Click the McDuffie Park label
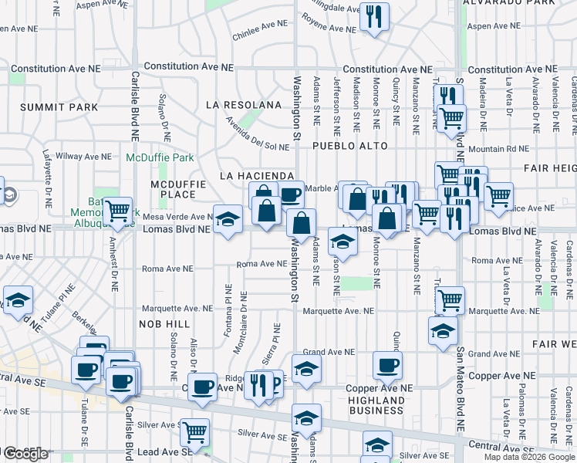tap(160, 157)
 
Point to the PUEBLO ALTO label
tap(349, 145)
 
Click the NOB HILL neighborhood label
tap(164, 324)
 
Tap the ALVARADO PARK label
tap(509, 3)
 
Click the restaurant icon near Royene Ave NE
tap(374, 17)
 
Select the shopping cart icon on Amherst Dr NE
tap(118, 211)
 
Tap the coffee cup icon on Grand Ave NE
tap(387, 365)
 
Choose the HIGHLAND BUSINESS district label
tap(376, 405)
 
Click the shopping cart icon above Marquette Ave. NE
tap(450, 299)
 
